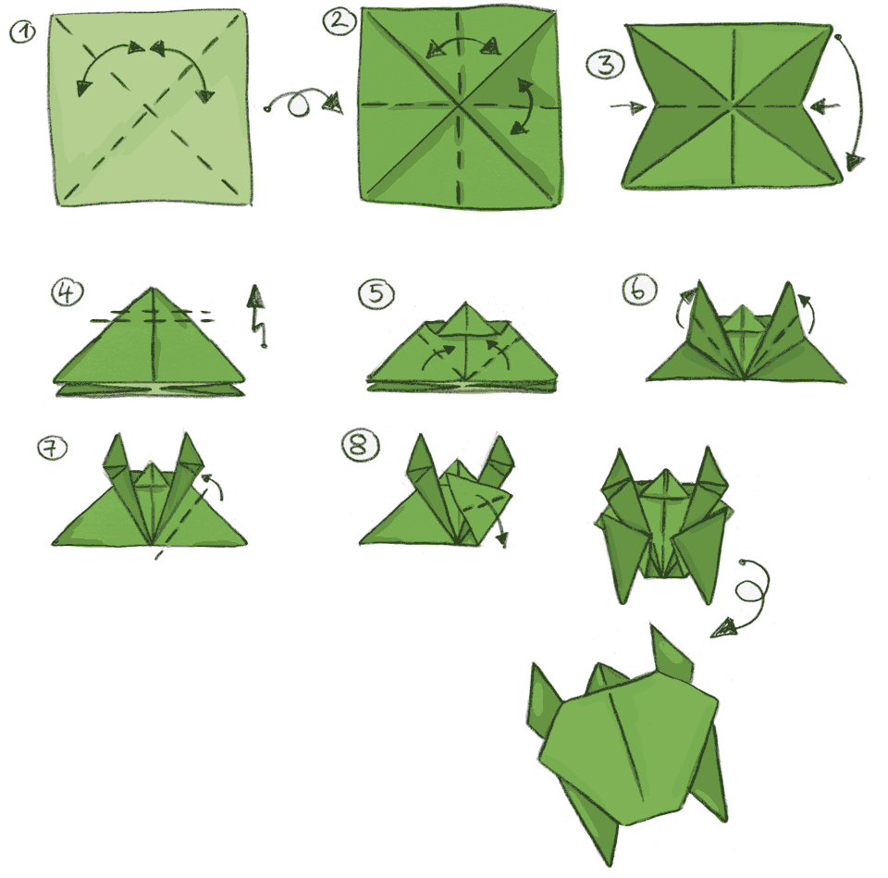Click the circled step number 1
point(22,31)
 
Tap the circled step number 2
point(339,21)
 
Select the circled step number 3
point(605,64)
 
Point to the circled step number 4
point(67,292)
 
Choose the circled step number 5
point(376,294)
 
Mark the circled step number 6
point(639,290)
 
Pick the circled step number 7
point(52,448)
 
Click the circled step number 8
point(360,445)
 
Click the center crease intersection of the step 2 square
point(459,105)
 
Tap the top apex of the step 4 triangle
point(153,289)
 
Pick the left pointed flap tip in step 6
point(700,281)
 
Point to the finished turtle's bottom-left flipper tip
point(611,865)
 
